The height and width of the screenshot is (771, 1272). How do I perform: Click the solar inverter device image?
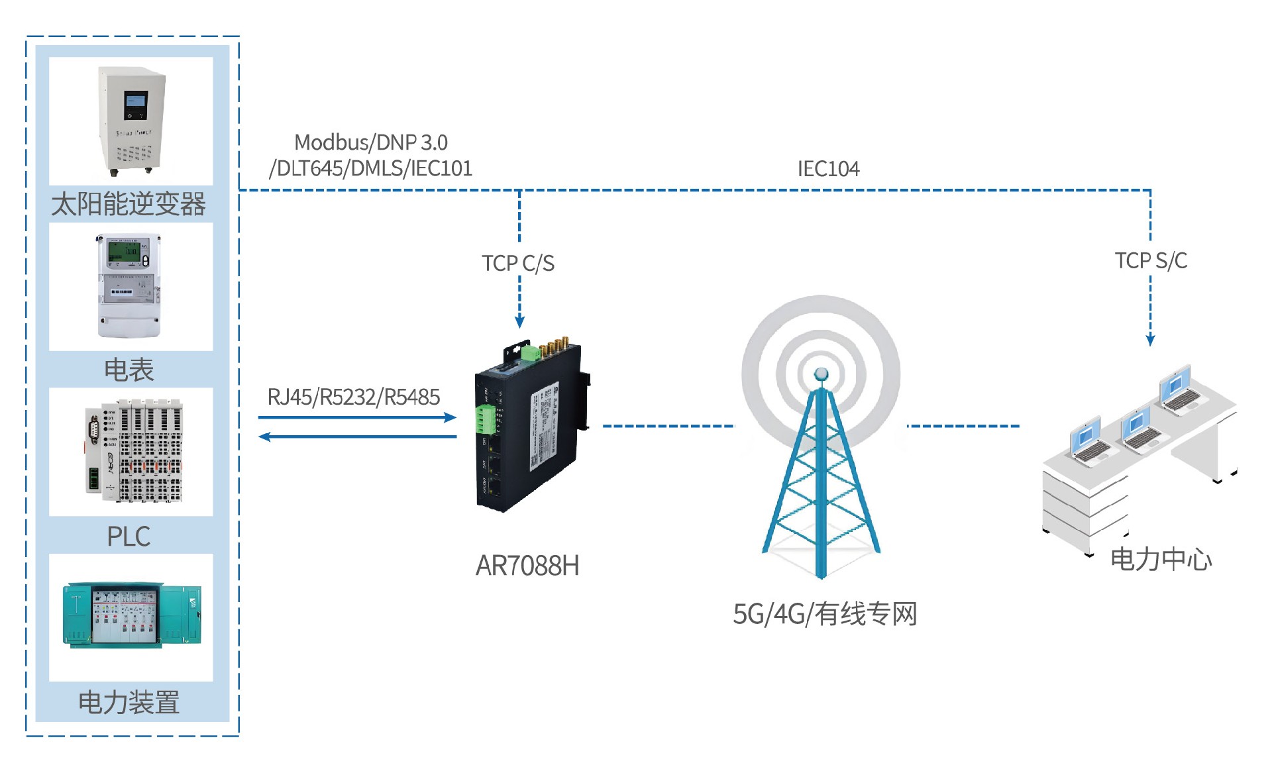tap(132, 121)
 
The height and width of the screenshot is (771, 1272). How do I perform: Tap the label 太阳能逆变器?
tap(129, 204)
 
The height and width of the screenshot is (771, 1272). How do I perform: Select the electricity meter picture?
tap(129, 285)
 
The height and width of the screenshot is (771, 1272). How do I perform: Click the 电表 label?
tap(129, 370)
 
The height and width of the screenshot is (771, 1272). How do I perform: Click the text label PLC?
tap(129, 536)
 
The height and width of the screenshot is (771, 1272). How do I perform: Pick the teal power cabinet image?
tap(132, 614)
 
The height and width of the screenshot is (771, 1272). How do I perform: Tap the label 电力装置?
tap(129, 702)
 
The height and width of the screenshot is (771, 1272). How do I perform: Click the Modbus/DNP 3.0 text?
tap(370, 142)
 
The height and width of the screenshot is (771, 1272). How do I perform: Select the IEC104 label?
tap(828, 169)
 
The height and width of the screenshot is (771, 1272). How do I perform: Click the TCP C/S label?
tap(517, 264)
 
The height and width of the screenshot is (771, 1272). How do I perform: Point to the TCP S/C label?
tap(1151, 261)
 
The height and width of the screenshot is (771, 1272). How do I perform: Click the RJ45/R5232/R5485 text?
tap(353, 397)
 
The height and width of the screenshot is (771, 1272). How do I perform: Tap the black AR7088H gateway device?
tap(530, 431)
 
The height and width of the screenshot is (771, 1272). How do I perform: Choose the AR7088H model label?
tap(527, 566)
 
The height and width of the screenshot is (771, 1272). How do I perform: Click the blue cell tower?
tap(821, 477)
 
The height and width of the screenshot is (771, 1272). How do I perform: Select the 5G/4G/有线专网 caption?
tap(825, 614)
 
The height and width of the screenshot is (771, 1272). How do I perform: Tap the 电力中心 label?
tap(1161, 560)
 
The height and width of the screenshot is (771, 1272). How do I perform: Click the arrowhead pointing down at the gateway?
tap(520, 322)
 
